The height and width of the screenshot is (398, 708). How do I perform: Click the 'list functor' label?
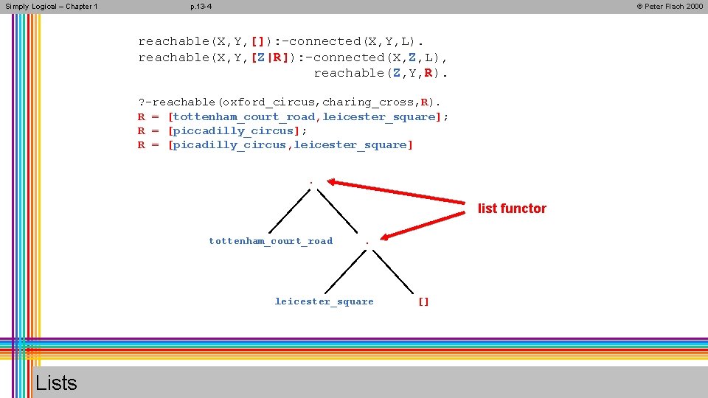(512, 209)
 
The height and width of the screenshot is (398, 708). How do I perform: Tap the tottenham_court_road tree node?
(271, 241)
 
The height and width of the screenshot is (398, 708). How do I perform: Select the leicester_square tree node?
(324, 301)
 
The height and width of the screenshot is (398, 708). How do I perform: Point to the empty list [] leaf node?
(423, 301)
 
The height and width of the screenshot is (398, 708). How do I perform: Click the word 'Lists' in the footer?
(56, 383)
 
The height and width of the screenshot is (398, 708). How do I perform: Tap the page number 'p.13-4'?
(201, 7)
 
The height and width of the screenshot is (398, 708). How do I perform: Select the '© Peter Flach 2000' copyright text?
(669, 7)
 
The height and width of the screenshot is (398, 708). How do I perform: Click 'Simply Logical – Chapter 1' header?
(51, 7)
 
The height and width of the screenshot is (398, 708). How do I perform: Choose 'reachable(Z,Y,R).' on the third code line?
(381, 73)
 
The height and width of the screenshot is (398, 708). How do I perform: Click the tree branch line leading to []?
(395, 273)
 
